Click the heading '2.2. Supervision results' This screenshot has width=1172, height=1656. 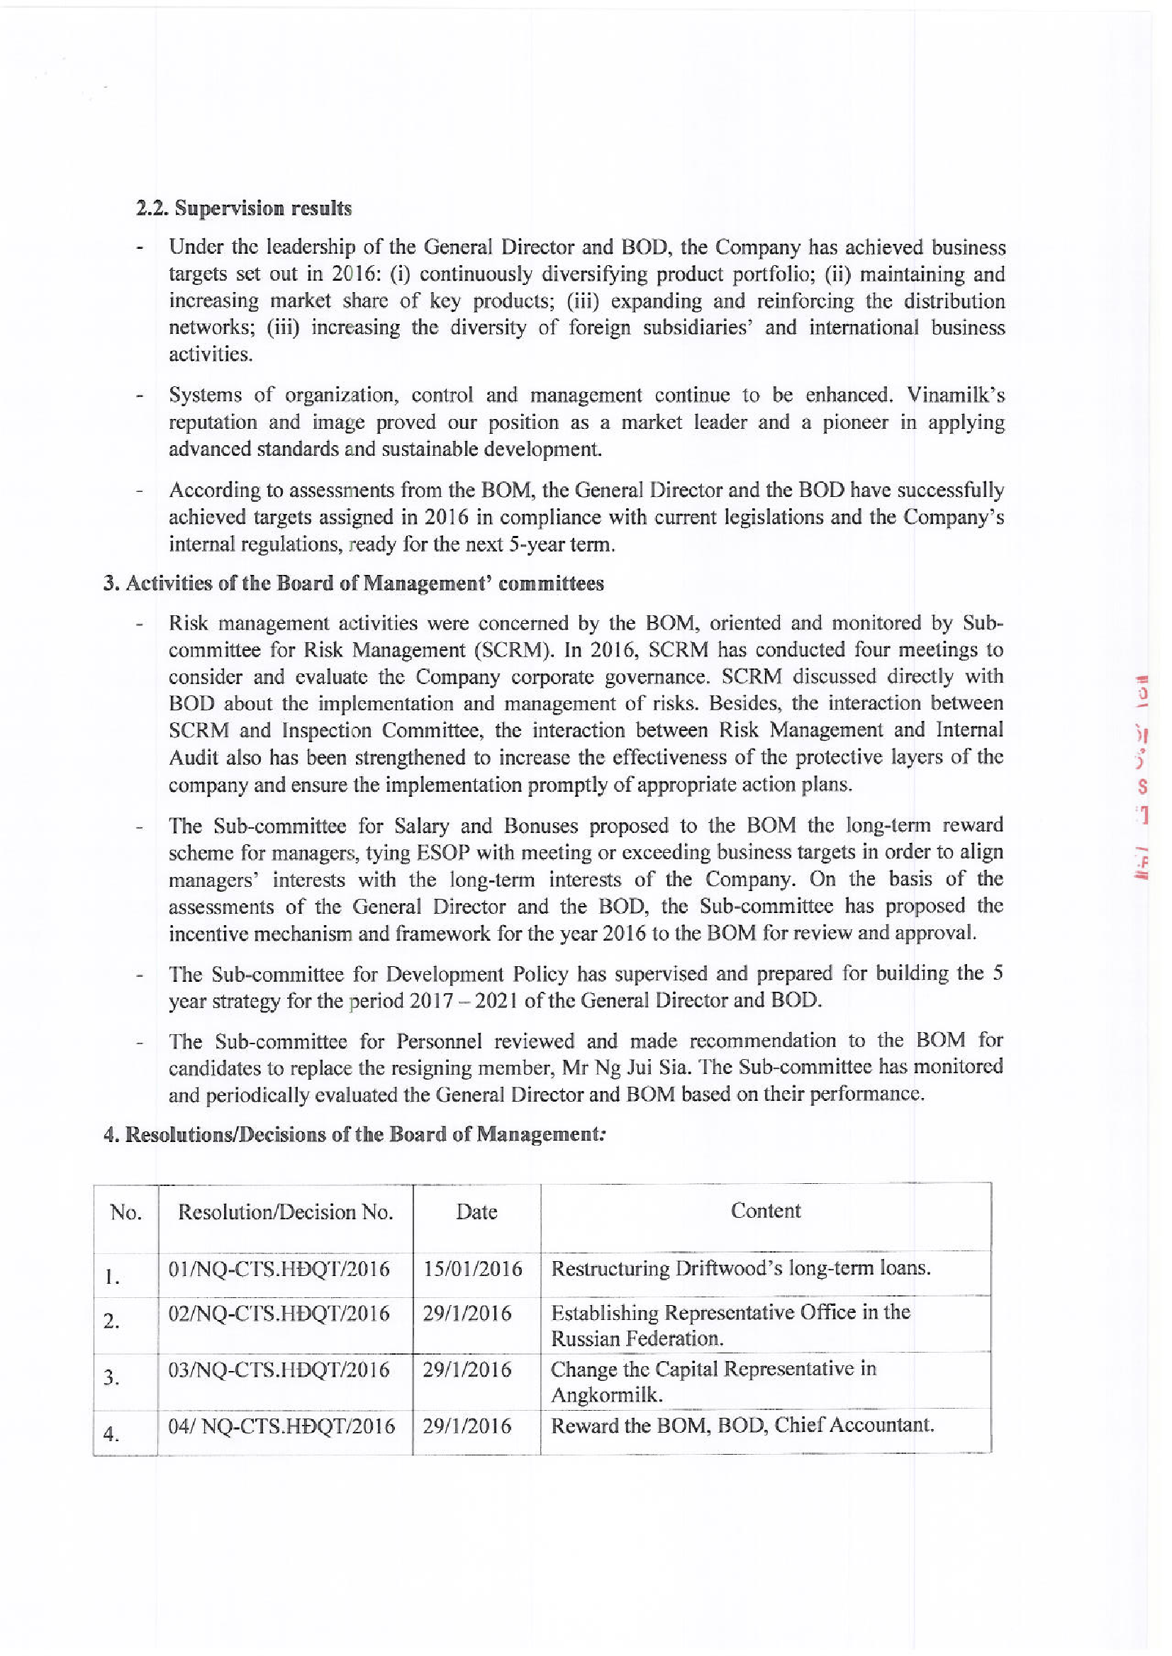(x=244, y=208)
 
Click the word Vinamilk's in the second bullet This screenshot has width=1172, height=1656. (x=956, y=396)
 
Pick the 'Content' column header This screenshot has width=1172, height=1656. (x=765, y=1211)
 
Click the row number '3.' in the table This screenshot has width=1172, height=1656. (x=111, y=1378)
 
